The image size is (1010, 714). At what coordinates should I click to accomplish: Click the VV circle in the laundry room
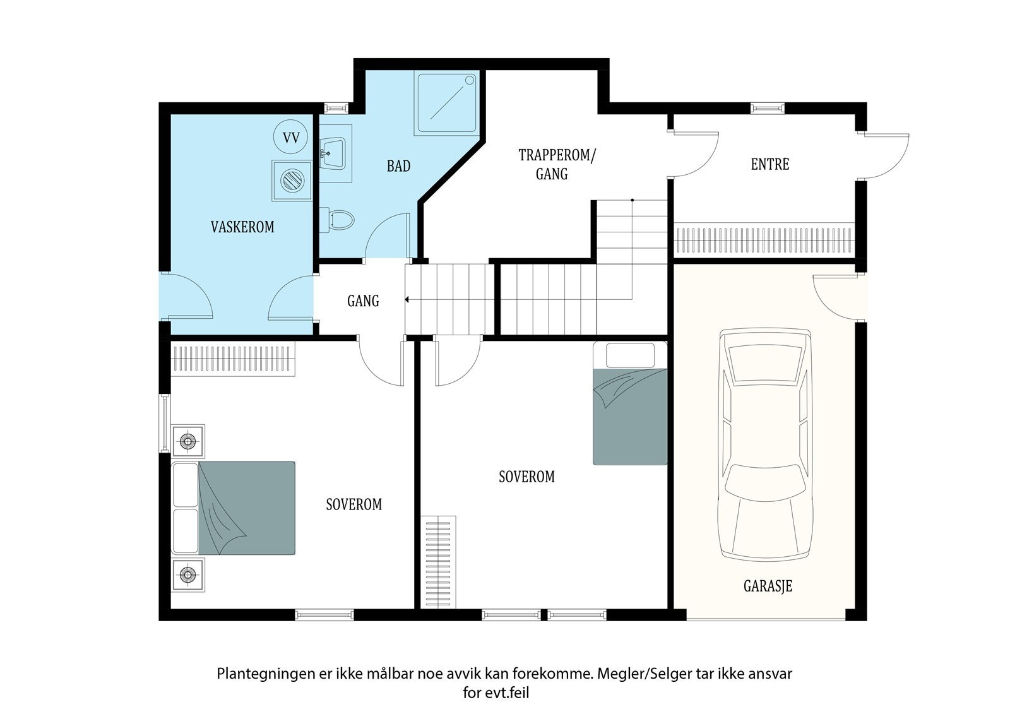(x=291, y=136)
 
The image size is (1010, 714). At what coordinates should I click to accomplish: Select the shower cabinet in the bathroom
(x=446, y=104)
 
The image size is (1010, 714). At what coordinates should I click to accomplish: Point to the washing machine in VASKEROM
(x=292, y=181)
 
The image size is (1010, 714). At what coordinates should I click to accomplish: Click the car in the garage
(x=766, y=444)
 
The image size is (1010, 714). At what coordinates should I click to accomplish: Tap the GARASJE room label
(x=768, y=586)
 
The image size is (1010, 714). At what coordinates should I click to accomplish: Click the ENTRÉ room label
(x=769, y=164)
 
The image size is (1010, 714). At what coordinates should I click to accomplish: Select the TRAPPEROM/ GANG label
(x=556, y=164)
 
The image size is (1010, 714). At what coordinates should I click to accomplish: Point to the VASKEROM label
(x=242, y=227)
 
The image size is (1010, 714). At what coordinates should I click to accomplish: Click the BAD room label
(x=398, y=166)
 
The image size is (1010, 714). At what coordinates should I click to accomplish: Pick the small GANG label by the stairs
(x=363, y=301)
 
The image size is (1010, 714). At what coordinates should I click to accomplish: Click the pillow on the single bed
(x=630, y=355)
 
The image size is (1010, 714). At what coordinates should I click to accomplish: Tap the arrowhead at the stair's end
(x=407, y=299)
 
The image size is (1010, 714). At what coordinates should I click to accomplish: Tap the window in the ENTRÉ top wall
(x=768, y=108)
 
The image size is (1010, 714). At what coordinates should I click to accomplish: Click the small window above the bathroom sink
(x=337, y=108)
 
